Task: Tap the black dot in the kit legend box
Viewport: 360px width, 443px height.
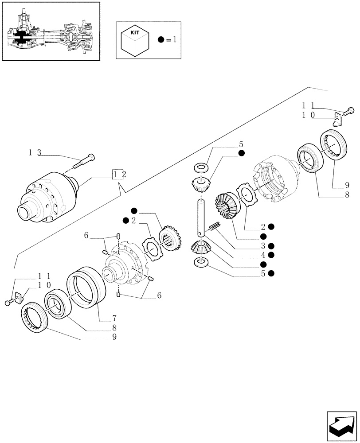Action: pyautogui.click(x=161, y=40)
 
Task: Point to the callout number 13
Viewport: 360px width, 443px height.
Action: pyautogui.click(x=35, y=152)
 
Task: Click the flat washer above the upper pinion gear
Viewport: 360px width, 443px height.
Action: pyautogui.click(x=201, y=168)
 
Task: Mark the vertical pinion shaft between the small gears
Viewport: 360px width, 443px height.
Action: pyautogui.click(x=201, y=217)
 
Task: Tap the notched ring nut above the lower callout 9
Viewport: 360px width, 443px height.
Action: pyautogui.click(x=33, y=316)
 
